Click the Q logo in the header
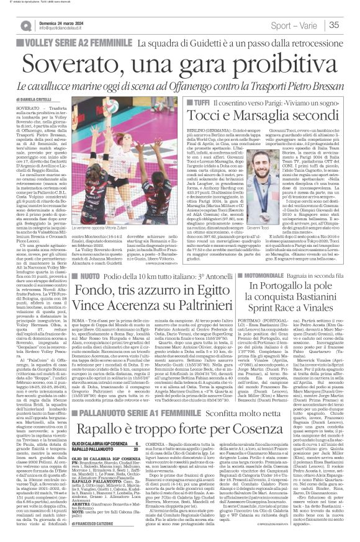26,25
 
